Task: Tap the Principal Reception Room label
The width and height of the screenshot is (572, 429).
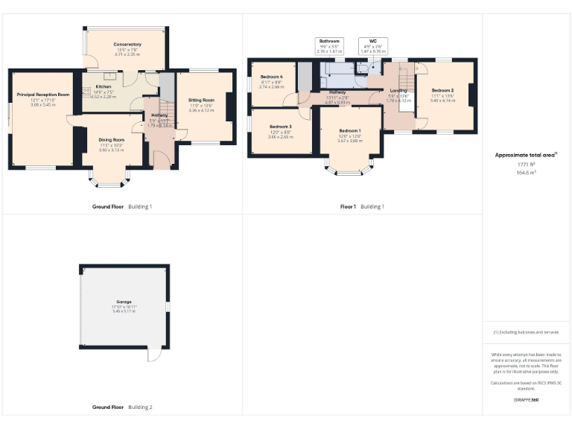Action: (43, 95)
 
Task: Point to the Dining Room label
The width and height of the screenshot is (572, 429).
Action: (112, 139)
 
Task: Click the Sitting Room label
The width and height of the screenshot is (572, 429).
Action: (201, 100)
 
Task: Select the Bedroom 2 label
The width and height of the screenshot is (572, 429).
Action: (442, 90)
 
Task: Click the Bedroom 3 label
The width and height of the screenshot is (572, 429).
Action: (280, 127)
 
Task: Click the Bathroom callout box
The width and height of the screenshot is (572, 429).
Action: (329, 45)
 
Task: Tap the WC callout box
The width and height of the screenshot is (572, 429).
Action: (373, 45)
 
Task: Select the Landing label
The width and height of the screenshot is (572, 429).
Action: (398, 91)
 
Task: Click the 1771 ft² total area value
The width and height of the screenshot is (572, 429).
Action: (527, 164)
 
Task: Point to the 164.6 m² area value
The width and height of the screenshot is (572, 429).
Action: (527, 172)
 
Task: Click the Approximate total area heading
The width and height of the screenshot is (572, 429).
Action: (527, 155)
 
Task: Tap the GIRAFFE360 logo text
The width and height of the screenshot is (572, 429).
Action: (527, 401)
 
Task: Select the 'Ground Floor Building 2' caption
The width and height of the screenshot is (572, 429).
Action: (122, 407)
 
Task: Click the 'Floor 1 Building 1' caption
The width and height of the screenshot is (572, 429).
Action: (362, 206)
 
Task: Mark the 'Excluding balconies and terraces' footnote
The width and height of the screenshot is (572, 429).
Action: (527, 332)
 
